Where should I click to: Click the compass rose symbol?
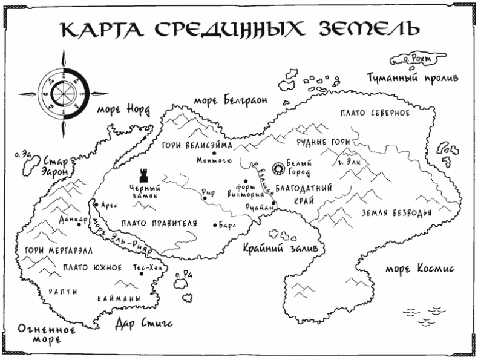click(63, 94)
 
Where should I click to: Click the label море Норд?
click(122, 110)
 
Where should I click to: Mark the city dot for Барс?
click(215, 225)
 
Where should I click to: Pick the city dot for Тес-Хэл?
click(142, 273)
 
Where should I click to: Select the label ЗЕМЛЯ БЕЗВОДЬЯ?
click(396, 212)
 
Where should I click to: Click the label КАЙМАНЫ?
click(119, 299)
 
